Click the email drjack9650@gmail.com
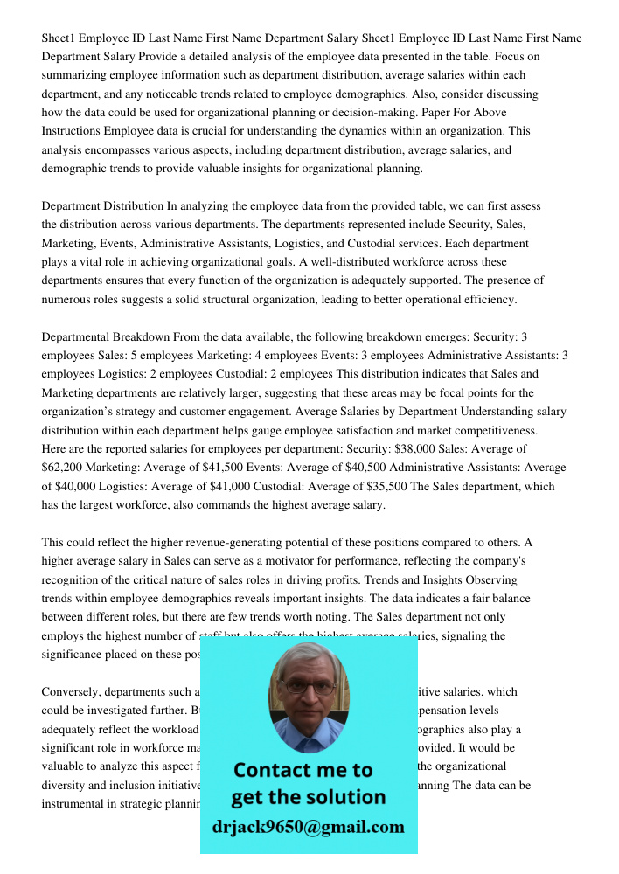tap(309, 826)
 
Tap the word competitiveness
tap(490, 430)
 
